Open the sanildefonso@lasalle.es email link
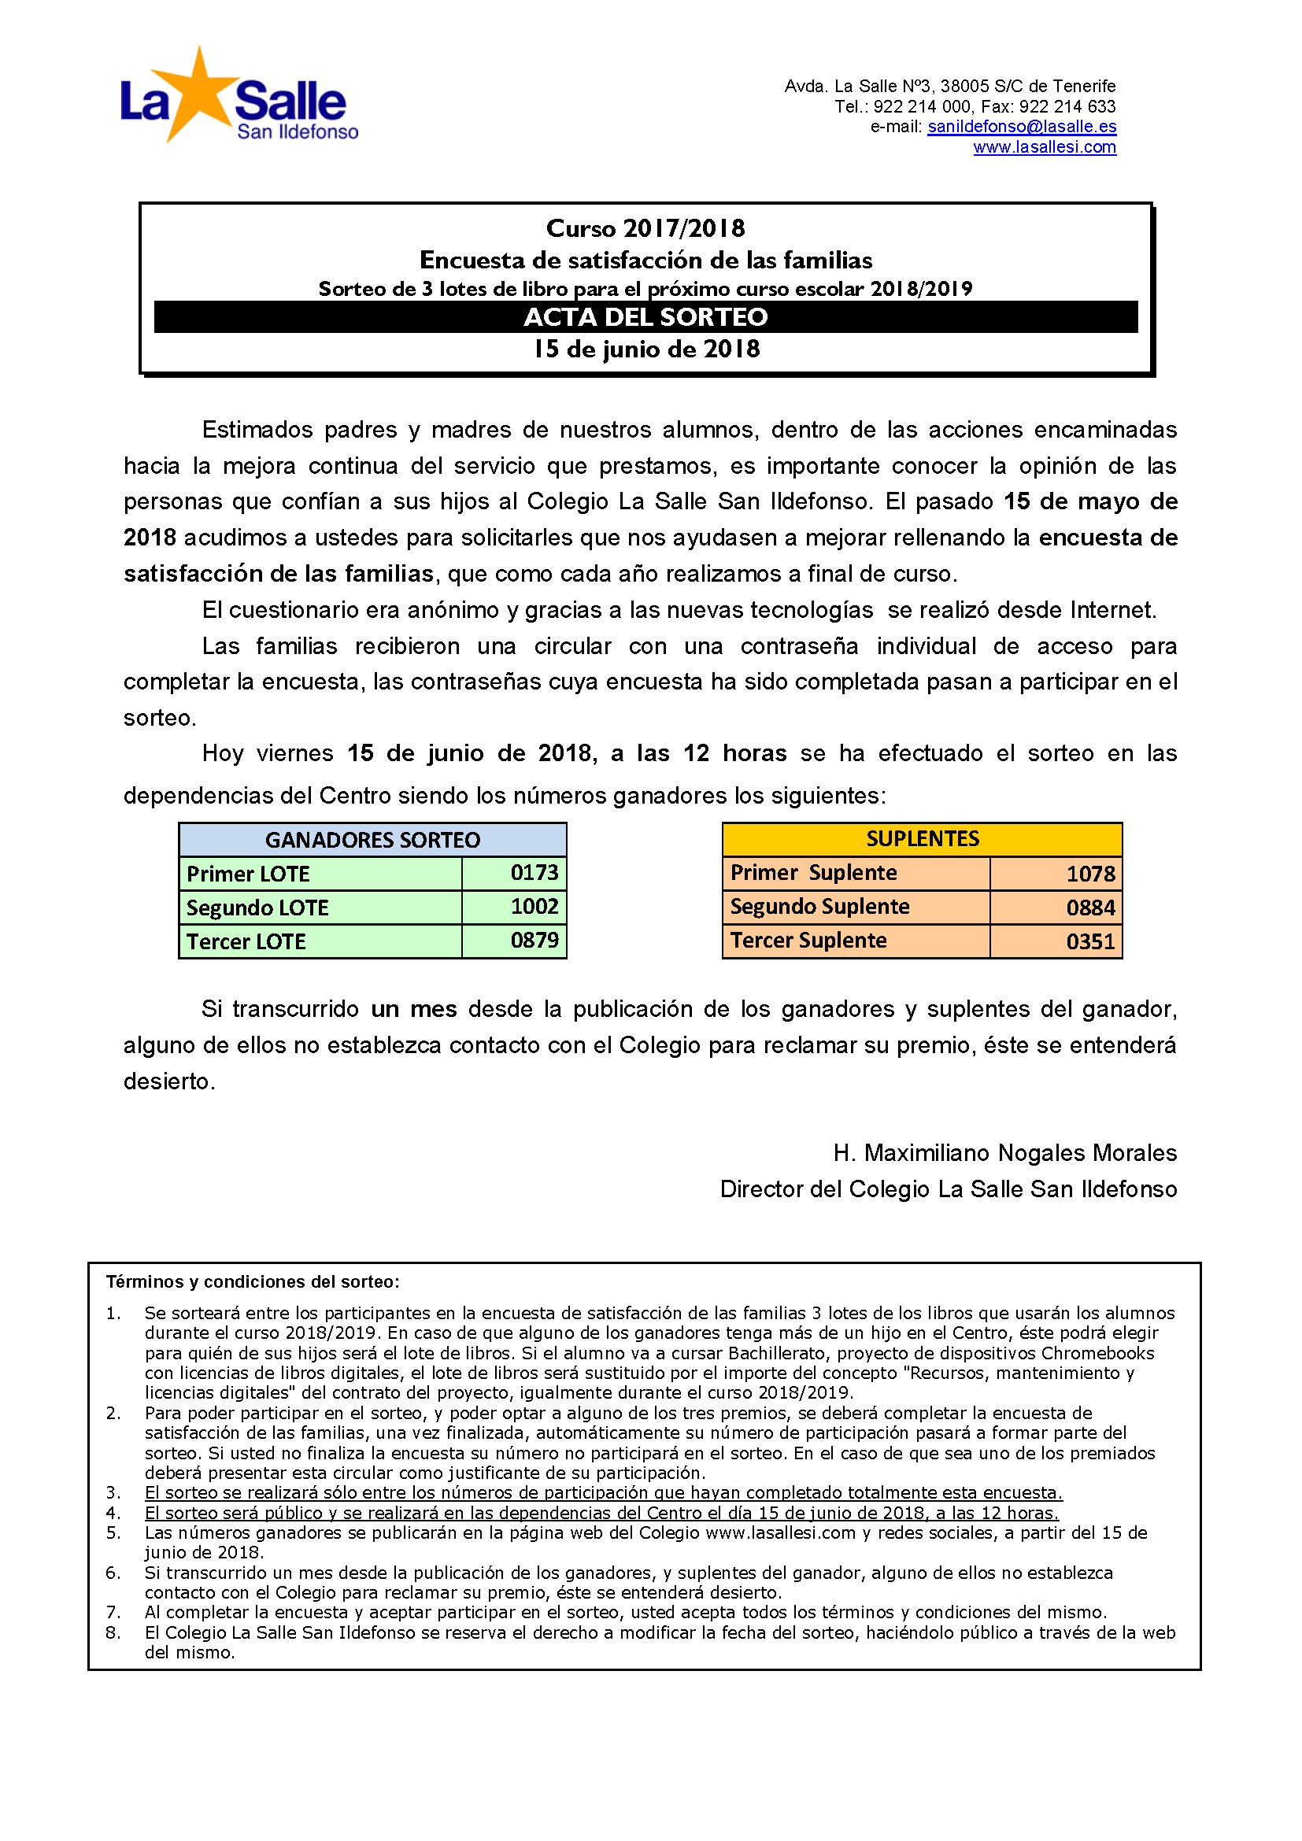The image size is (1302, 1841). click(1022, 127)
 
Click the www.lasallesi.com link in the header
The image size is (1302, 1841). click(1044, 147)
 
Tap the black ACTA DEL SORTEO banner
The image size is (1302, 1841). click(645, 316)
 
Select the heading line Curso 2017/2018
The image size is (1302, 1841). click(645, 228)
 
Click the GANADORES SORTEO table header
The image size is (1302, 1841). click(373, 840)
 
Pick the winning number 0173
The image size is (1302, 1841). click(534, 872)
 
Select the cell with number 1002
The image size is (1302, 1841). click(534, 907)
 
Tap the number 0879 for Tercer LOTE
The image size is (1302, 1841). click(534, 941)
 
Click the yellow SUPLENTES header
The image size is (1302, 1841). click(922, 839)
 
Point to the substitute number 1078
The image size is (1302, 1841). click(1090, 874)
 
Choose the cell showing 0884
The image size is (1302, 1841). click(1090, 908)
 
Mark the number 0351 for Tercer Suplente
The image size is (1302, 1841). click(1090, 941)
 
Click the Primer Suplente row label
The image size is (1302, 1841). click(813, 872)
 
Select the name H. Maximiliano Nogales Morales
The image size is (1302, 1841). click(1004, 1153)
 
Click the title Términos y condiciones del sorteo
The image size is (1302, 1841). click(253, 1282)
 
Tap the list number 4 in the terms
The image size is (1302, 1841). click(113, 1513)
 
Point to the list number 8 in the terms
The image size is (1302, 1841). click(113, 1632)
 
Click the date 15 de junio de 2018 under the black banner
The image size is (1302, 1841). click(646, 349)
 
